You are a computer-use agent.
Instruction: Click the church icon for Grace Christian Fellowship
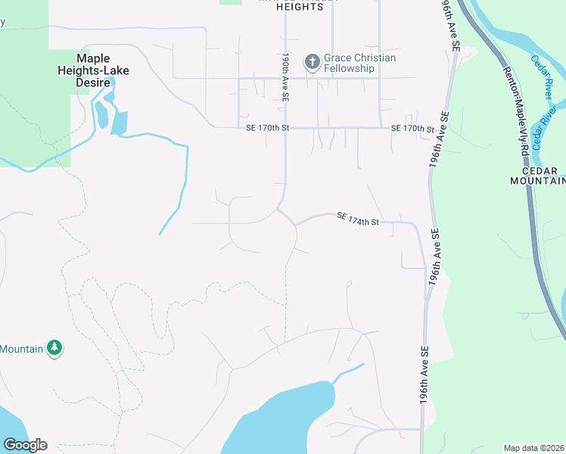coord(312,62)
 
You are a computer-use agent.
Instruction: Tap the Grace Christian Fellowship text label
coord(359,63)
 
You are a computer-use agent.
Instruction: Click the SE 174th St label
coord(356,218)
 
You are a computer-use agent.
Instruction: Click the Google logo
coord(25,445)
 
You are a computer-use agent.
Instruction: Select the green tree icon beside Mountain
coord(54,348)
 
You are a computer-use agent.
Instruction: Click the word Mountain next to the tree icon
coord(21,349)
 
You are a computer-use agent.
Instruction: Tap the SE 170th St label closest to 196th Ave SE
coord(412,129)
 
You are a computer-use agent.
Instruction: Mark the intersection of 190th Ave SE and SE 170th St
coord(285,128)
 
